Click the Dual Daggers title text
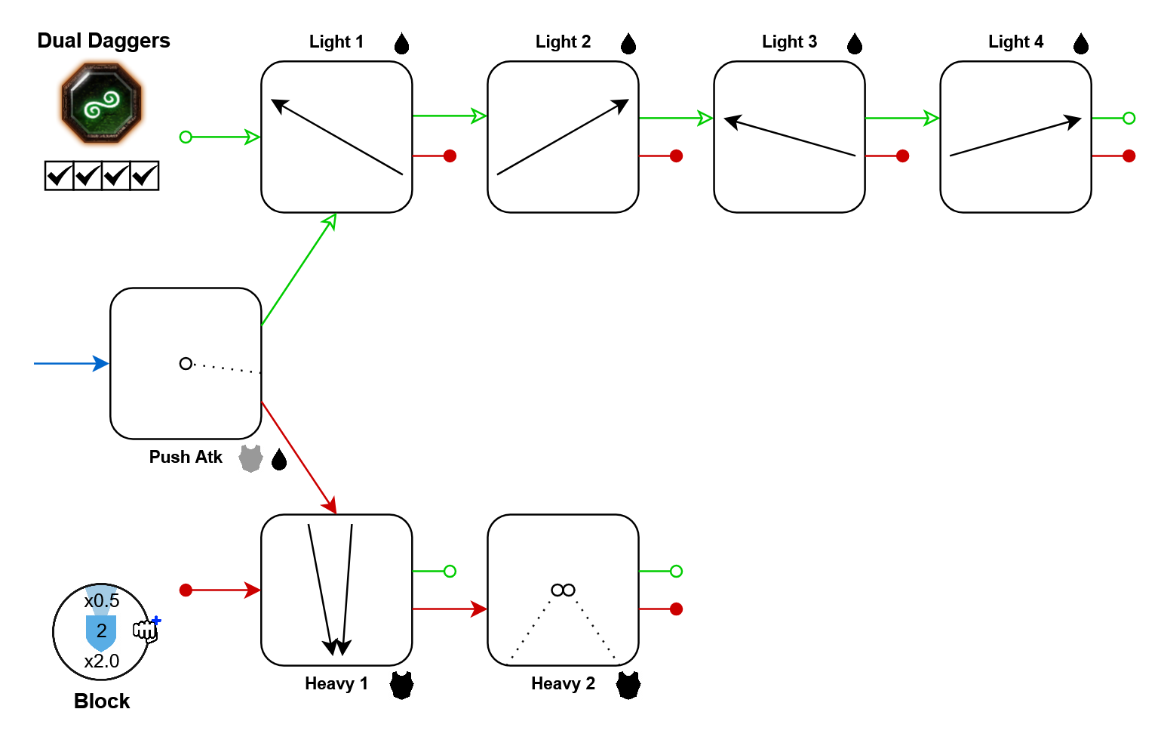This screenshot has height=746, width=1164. point(103,41)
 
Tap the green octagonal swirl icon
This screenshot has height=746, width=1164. point(101,103)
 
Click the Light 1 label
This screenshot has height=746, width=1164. point(336,42)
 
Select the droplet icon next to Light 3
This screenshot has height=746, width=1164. point(854,44)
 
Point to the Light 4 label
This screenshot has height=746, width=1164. point(1015,42)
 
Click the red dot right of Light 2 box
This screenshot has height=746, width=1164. point(676,156)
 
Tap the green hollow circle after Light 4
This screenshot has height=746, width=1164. point(1129,118)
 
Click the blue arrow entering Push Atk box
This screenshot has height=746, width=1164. point(72,363)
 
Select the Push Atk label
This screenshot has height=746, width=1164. point(186,457)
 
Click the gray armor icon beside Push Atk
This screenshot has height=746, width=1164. point(250,458)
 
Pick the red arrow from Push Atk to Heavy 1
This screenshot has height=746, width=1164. point(299,458)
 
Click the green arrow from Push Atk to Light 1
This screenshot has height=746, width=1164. point(299,269)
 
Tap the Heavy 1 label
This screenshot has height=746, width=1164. point(336,683)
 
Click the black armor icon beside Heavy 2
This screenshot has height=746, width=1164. point(628,685)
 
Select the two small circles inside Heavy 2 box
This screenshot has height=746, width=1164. point(563,590)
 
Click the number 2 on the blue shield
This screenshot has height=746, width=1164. point(102,630)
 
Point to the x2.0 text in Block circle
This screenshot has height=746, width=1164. point(102,661)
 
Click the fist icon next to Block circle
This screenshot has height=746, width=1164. point(146,630)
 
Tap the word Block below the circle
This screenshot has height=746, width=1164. point(102,701)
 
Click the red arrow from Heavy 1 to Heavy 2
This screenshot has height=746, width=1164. point(450,609)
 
